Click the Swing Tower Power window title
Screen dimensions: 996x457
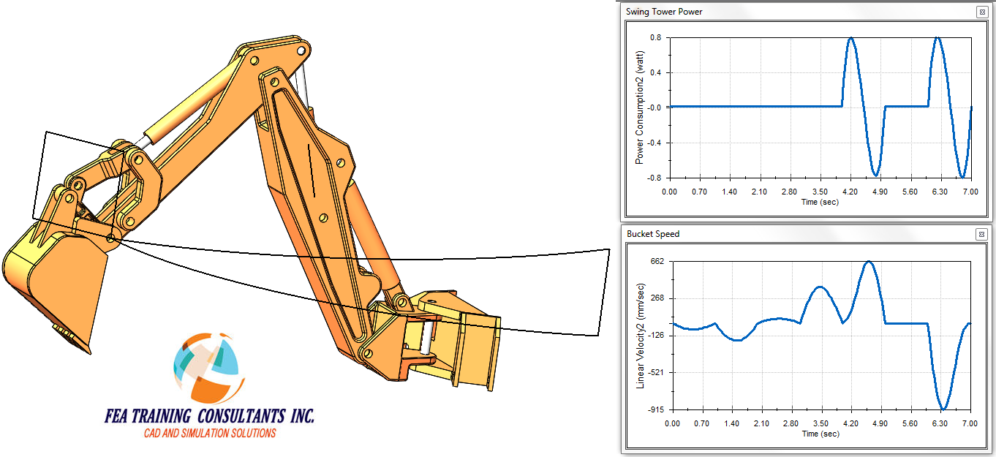[x=664, y=12]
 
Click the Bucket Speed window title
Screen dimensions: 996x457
[x=653, y=234]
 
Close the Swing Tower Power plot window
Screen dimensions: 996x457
[x=982, y=12]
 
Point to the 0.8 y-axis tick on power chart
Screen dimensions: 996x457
[x=656, y=38]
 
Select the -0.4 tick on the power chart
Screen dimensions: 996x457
[x=654, y=143]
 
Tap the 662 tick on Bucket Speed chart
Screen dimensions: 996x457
[x=657, y=261]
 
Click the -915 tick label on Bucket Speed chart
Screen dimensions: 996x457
[x=655, y=409]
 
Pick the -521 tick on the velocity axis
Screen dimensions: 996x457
[x=655, y=372]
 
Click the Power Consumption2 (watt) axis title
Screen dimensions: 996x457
[x=639, y=107]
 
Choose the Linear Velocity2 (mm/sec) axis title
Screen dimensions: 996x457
[x=641, y=336]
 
